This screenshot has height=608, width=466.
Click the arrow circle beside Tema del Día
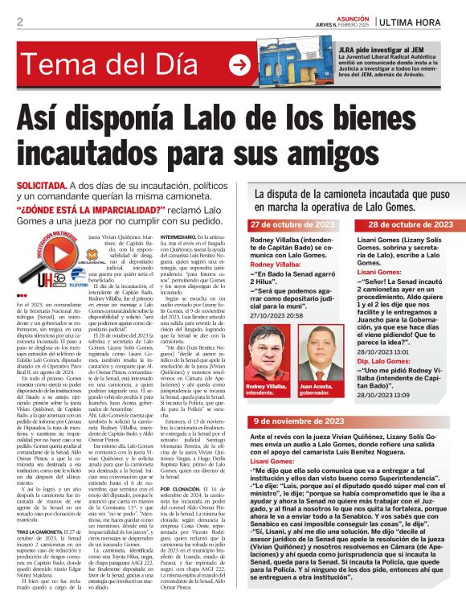click(239, 64)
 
